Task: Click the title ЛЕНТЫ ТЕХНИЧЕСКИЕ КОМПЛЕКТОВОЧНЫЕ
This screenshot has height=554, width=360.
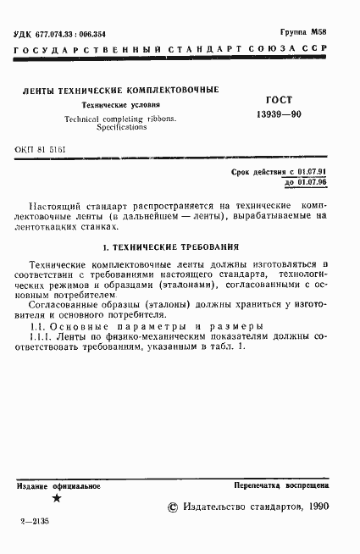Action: pos(121,89)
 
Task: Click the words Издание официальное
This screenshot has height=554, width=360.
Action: pos(58,486)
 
